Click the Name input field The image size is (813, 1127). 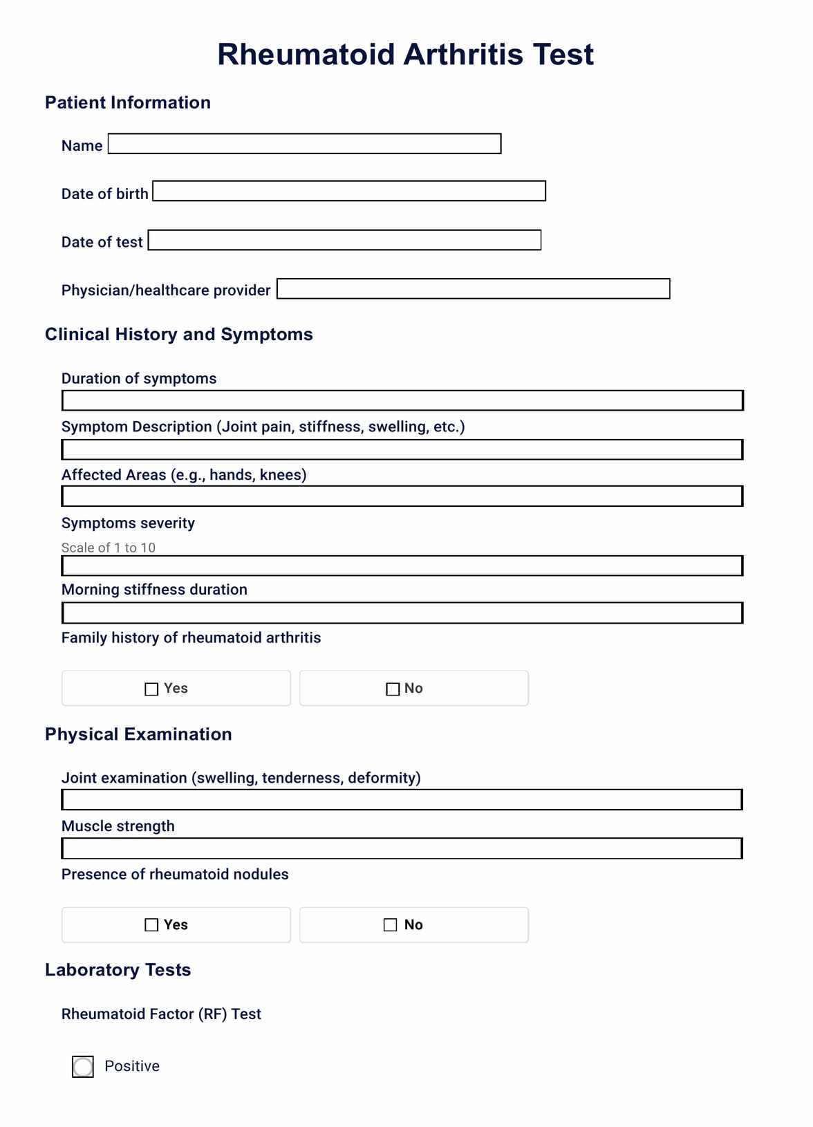[304, 144]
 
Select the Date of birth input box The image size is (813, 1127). [349, 192]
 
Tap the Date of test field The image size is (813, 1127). [344, 240]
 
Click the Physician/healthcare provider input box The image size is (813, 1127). [473, 289]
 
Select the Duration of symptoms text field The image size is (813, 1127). [402, 400]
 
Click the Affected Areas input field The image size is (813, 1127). [402, 496]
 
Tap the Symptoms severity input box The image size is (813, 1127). [402, 566]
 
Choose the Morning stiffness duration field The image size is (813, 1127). [402, 613]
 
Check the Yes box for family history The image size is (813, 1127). [151, 689]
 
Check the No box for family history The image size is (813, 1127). [393, 689]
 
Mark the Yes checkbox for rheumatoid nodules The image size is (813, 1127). [151, 925]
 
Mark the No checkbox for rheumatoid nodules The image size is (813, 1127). [391, 925]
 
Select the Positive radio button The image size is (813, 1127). [83, 1067]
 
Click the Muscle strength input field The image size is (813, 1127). [402, 848]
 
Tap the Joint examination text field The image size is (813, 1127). [402, 800]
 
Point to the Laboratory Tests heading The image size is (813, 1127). [118, 970]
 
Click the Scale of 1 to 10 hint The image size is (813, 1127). [109, 548]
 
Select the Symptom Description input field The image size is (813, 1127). [402, 449]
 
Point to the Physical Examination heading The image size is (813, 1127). [138, 734]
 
